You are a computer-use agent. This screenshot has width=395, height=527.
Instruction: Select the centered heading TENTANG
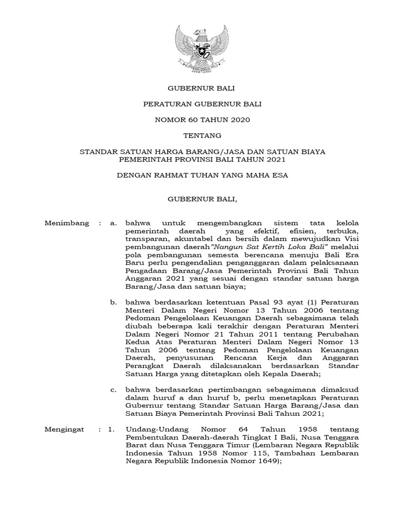197,136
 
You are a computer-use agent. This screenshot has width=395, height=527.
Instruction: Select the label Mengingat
65,428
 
